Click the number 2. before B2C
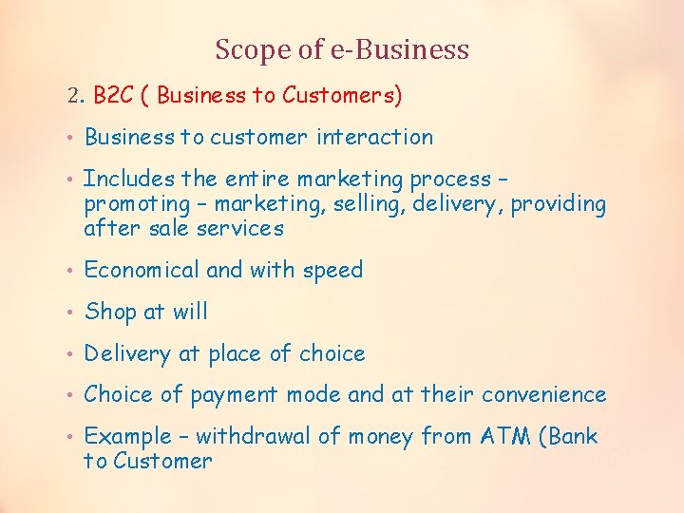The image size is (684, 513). (x=77, y=95)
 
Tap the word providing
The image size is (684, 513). (x=559, y=203)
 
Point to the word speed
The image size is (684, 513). (x=332, y=270)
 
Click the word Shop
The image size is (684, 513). (x=109, y=312)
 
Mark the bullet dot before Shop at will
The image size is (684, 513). (x=71, y=313)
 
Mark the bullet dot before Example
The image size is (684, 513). (x=71, y=438)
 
